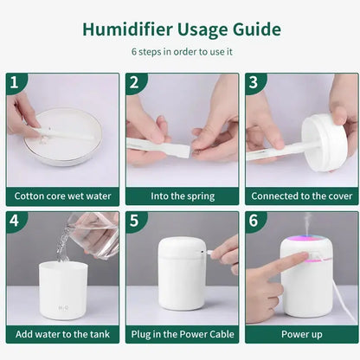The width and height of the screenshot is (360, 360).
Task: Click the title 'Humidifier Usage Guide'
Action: [x=181, y=29]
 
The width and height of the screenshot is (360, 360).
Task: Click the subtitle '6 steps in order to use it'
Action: [x=181, y=51]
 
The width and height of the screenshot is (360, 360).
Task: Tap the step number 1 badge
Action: [x=14, y=82]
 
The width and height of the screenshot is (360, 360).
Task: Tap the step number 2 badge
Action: [x=134, y=82]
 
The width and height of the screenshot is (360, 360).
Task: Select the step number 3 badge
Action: [x=254, y=82]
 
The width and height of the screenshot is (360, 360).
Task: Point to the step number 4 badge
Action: [x=14, y=221]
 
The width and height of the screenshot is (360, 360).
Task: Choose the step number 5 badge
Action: [x=134, y=221]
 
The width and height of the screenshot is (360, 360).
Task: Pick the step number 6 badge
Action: [x=254, y=221]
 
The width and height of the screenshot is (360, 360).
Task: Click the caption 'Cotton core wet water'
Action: [x=62, y=196]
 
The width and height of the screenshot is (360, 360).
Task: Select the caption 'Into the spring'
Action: [x=182, y=196]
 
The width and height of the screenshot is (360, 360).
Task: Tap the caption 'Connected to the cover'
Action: [x=303, y=196]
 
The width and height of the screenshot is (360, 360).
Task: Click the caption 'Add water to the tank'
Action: [x=62, y=334]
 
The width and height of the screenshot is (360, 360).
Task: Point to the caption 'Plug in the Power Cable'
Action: [x=182, y=334]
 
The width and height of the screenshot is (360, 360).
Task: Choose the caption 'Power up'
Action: [x=303, y=334]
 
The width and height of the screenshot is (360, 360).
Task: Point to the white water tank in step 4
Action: [x=62, y=290]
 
